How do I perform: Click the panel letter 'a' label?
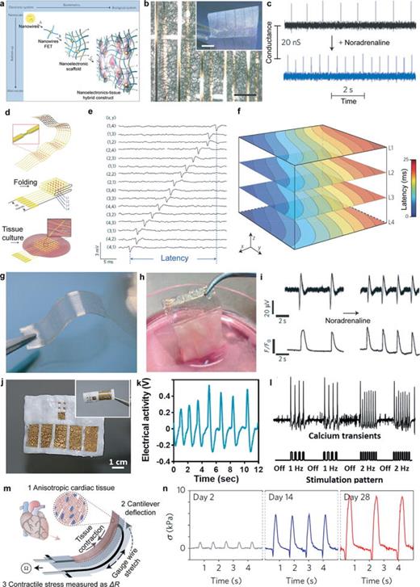[x=6, y=6]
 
